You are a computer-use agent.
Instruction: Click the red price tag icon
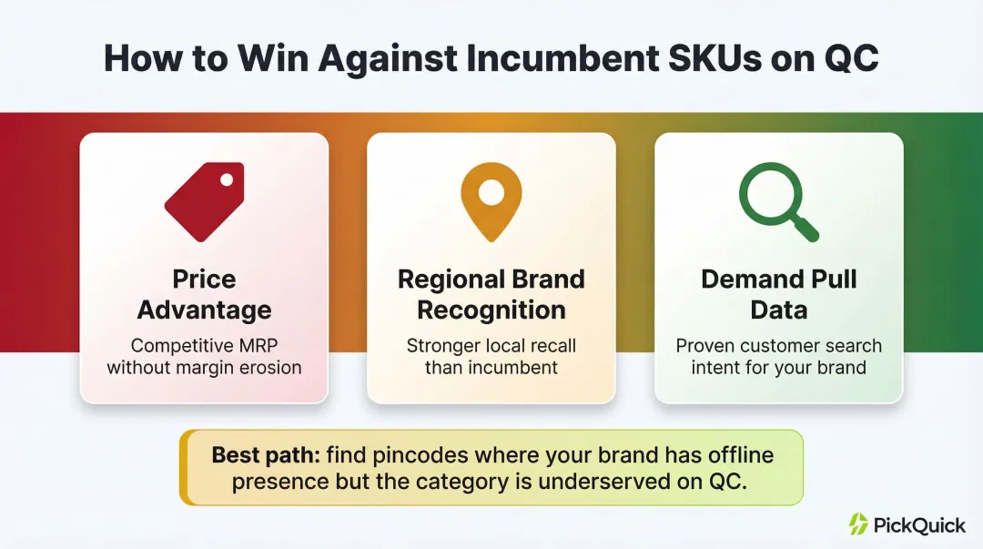(x=204, y=202)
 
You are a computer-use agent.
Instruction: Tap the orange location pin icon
(x=491, y=202)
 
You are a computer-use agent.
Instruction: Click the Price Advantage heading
(x=204, y=294)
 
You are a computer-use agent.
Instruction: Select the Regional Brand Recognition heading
(x=491, y=294)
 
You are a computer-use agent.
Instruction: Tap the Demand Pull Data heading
(x=778, y=294)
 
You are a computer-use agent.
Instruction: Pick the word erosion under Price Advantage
(x=269, y=368)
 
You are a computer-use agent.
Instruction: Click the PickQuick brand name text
(x=919, y=524)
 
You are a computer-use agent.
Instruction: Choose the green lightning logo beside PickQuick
(x=858, y=524)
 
